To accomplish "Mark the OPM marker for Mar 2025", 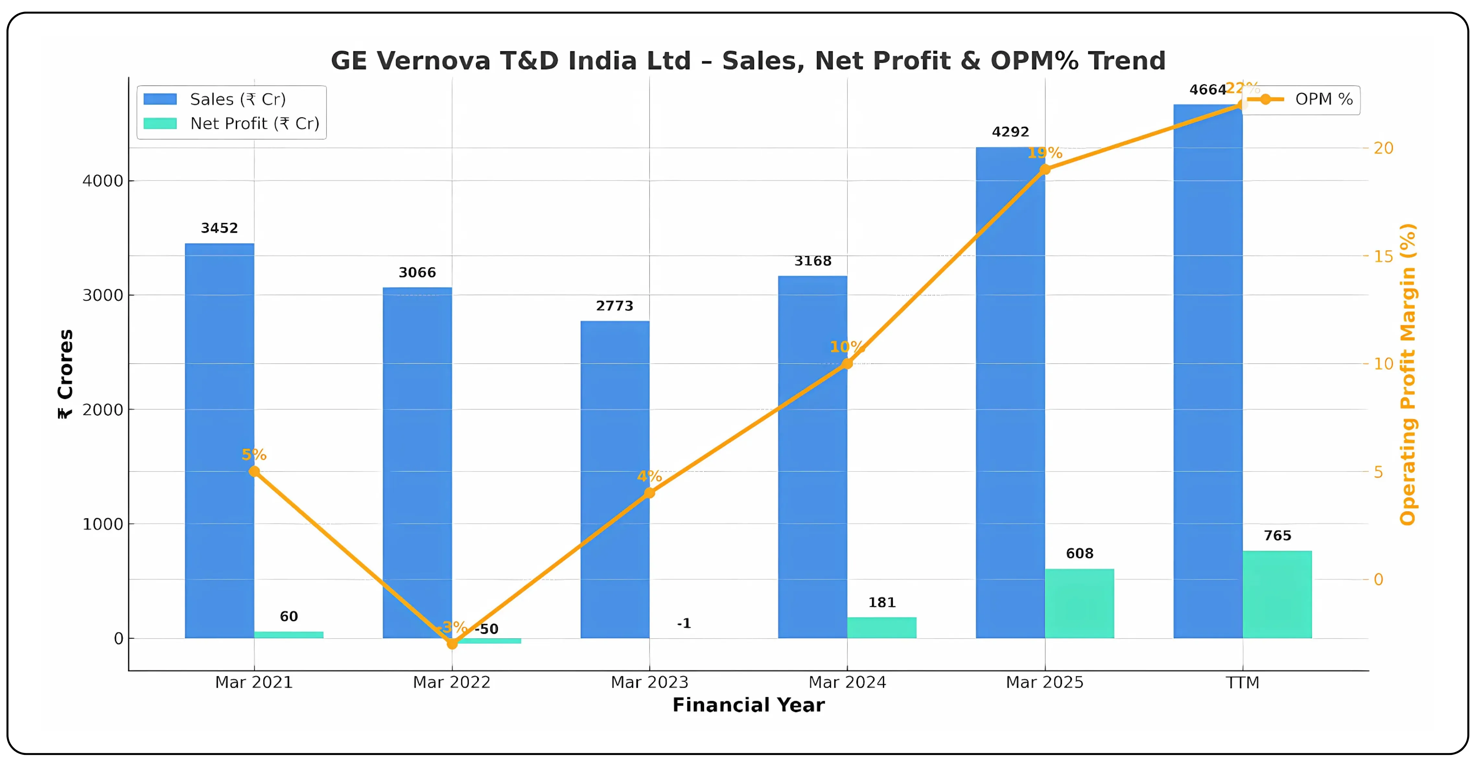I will tap(1044, 170).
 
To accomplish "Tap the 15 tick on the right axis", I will tap(1383, 256).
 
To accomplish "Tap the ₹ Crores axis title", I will tap(65, 374).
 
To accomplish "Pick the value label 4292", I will tap(1010, 132).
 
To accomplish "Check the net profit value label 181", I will tap(881, 603).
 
